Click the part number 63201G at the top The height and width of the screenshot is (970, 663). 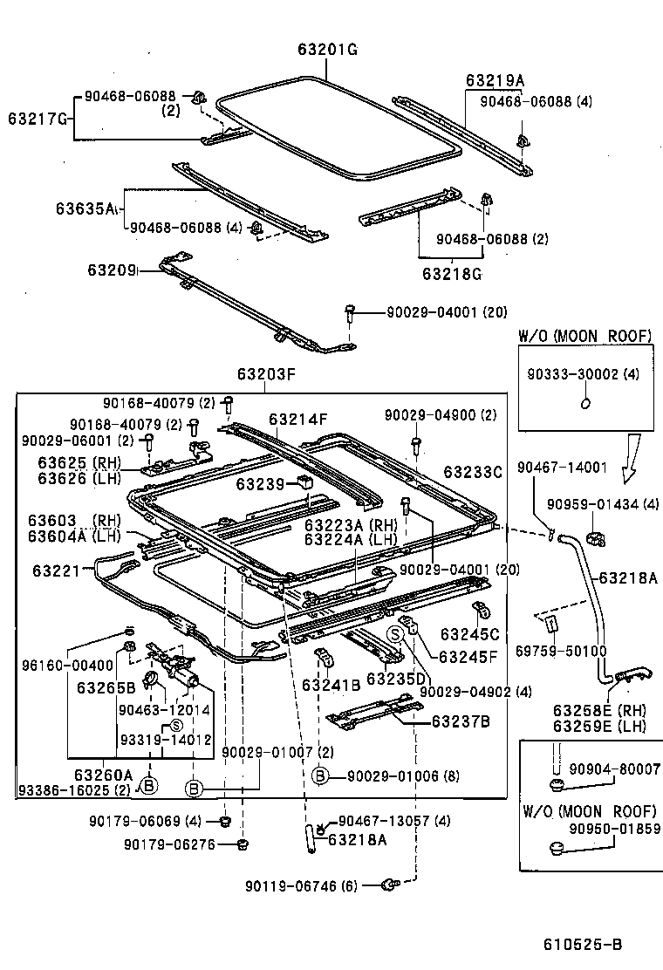pyautogui.click(x=323, y=50)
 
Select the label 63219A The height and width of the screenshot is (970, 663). pyautogui.click(x=495, y=80)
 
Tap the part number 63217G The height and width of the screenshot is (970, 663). pyautogui.click(x=38, y=117)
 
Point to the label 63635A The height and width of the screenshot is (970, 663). pyautogui.click(x=85, y=208)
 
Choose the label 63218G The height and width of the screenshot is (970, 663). pyautogui.click(x=452, y=274)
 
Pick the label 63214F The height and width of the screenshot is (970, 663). pyautogui.click(x=297, y=419)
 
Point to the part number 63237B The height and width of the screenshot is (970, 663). pyautogui.click(x=460, y=721)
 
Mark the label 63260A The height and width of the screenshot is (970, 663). pyautogui.click(x=103, y=774)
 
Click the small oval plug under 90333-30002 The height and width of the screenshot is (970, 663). pyautogui.click(x=585, y=403)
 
